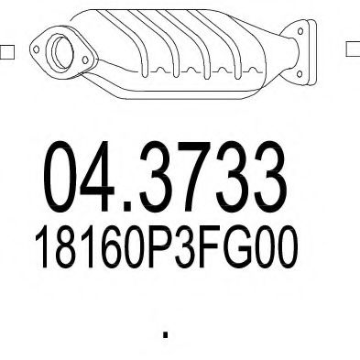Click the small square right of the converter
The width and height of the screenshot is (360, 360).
click(x=352, y=49)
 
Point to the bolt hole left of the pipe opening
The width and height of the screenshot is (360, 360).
click(x=38, y=42)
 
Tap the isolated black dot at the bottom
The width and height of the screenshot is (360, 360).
click(x=165, y=335)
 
